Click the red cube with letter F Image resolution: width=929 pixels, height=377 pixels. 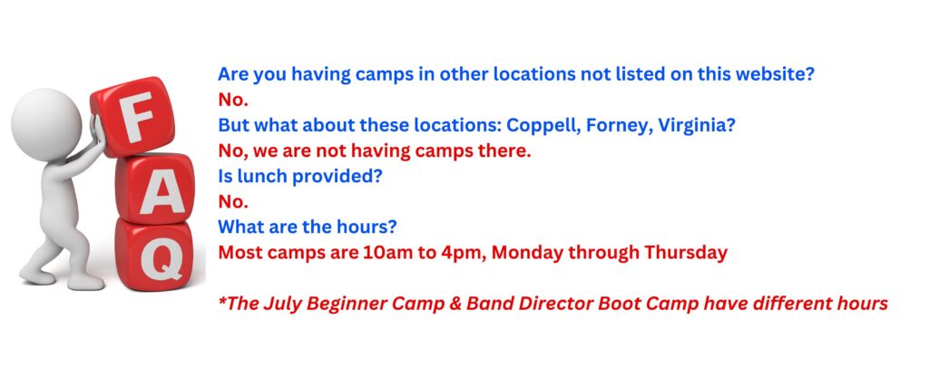132,116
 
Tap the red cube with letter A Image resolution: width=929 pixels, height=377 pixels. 155,188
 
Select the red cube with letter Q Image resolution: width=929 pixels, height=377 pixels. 155,255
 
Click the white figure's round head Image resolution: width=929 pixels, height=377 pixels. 46,125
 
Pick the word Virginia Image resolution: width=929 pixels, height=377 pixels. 692,126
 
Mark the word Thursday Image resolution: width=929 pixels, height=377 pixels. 686,253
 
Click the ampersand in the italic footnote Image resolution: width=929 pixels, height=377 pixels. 456,304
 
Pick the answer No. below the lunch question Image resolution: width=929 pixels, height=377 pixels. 233,202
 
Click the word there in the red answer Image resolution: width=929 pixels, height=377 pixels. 504,151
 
